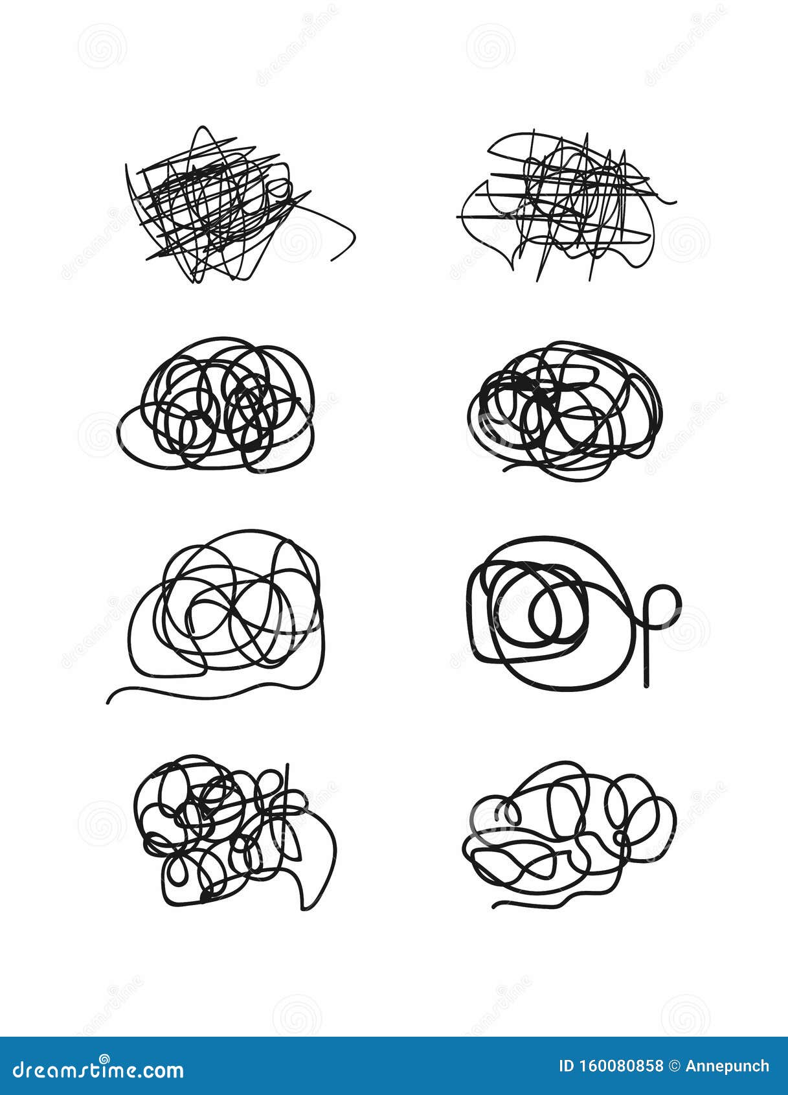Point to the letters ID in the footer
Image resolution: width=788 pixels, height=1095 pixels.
566,1066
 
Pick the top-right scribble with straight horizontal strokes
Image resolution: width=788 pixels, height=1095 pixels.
563,204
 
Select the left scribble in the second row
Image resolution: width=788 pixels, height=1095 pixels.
217,405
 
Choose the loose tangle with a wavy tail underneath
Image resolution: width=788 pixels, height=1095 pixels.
227,609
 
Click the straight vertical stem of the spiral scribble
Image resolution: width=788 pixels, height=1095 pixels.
646,661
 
